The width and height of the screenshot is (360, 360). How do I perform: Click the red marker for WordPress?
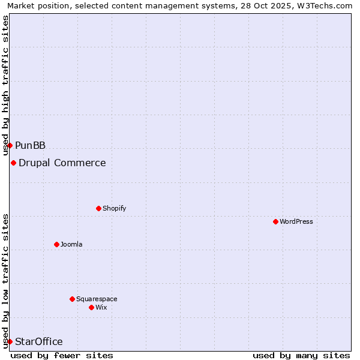275,221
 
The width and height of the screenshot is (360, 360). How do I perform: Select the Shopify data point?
98,208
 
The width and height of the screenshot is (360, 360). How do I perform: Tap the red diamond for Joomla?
56,244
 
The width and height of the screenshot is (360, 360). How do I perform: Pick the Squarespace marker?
72,299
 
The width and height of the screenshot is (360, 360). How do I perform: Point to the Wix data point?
91,307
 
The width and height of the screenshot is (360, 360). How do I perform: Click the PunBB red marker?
10,145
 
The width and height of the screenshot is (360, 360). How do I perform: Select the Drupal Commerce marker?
13,163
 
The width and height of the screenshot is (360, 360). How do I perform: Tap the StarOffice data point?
10,341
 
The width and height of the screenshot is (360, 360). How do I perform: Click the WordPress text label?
296,221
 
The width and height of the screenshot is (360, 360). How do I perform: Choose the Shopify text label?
114,208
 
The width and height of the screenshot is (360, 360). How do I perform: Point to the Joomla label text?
71,244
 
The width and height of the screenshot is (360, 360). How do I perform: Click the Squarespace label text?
97,299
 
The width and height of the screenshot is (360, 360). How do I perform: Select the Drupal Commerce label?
62,163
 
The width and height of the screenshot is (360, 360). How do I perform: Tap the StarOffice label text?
38,341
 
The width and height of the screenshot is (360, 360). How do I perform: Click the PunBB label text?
30,145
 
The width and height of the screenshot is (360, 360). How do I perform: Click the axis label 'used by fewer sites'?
62,355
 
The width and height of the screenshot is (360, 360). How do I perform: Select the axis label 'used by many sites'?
301,355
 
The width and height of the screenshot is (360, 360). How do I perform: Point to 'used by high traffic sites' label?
6,85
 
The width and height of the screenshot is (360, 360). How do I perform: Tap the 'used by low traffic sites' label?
6,280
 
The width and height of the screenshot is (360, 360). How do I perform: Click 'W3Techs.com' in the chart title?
326,6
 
